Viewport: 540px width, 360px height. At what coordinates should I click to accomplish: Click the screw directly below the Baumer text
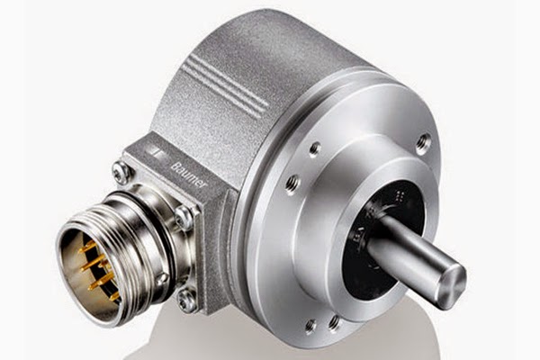click(184, 215)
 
